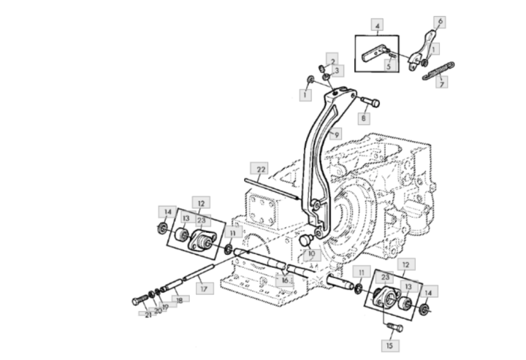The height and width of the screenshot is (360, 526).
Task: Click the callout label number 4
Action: pyautogui.click(x=376, y=27)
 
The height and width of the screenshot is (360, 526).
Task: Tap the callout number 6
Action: pyautogui.click(x=440, y=22)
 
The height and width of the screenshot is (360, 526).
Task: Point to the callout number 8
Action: pyautogui.click(x=362, y=117)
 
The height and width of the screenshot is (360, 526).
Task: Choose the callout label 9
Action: pyautogui.click(x=337, y=134)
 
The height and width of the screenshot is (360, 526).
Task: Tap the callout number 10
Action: pyautogui.click(x=312, y=255)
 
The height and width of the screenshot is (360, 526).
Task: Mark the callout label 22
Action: pyautogui.click(x=261, y=169)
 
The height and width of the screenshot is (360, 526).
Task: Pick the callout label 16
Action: pyautogui.click(x=285, y=280)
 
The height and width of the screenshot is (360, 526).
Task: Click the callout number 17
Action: pyautogui.click(x=204, y=289)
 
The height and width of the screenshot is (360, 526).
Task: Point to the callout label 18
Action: pyautogui.click(x=177, y=299)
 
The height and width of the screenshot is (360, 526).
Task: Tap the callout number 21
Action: pyautogui.click(x=148, y=314)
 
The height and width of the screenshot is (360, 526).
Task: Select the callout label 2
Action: pyautogui.click(x=332, y=62)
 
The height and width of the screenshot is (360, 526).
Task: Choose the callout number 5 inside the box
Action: pyautogui.click(x=389, y=66)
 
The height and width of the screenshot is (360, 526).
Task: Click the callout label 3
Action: pyautogui.click(x=337, y=71)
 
